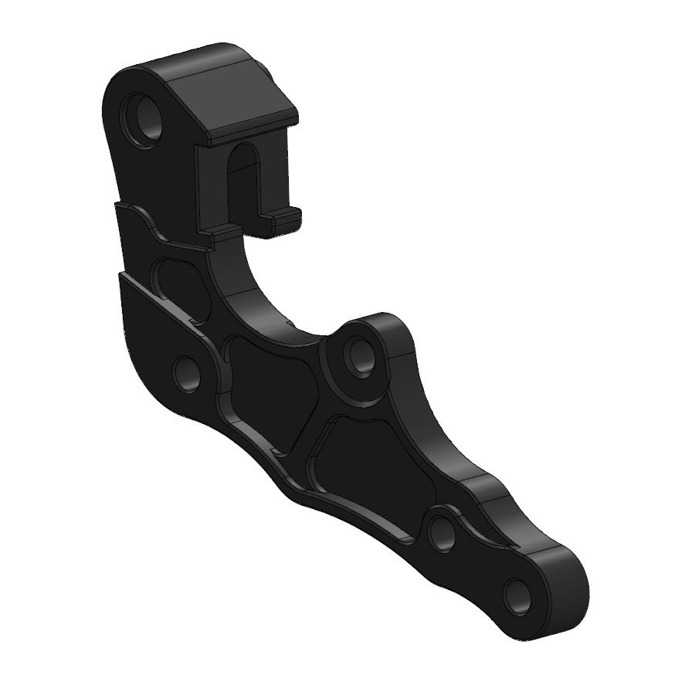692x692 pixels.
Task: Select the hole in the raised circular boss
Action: tap(360, 356)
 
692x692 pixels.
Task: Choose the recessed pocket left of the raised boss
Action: tap(270, 390)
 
